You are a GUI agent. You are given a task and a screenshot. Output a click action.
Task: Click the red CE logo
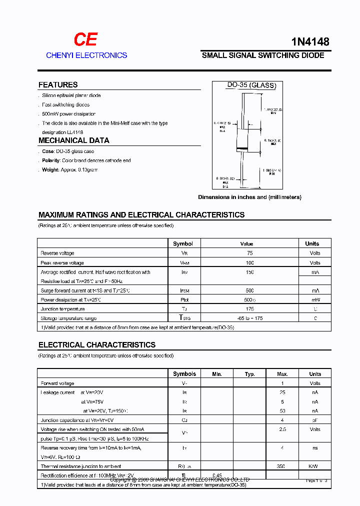point(85,39)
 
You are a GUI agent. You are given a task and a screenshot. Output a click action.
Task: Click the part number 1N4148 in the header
point(310,42)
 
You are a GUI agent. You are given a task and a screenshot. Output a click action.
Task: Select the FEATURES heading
point(58,85)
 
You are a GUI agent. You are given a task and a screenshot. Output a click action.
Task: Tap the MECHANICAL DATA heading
point(73,140)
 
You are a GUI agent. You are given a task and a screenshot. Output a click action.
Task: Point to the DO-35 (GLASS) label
point(251,85)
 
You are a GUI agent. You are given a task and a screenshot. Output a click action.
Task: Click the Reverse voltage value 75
point(250,253)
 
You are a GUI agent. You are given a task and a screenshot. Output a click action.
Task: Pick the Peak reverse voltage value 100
point(250,262)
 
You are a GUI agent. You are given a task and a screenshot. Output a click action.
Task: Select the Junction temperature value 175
point(250,309)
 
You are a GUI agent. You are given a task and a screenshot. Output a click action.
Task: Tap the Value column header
point(247,243)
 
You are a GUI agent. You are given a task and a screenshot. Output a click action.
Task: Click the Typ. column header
point(250,374)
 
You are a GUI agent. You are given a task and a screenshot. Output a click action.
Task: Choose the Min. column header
point(217,374)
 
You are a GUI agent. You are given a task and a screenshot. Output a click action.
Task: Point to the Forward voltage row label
point(57,383)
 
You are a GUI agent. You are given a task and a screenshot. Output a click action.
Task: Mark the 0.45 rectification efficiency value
point(217,475)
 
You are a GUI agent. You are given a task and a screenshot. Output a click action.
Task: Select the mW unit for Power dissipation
point(315,300)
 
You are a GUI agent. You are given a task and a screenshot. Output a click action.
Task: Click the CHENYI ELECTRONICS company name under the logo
point(86,55)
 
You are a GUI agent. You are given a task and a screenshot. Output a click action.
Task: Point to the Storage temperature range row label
point(68,318)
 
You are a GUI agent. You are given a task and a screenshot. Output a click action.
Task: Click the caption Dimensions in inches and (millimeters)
point(249,197)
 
